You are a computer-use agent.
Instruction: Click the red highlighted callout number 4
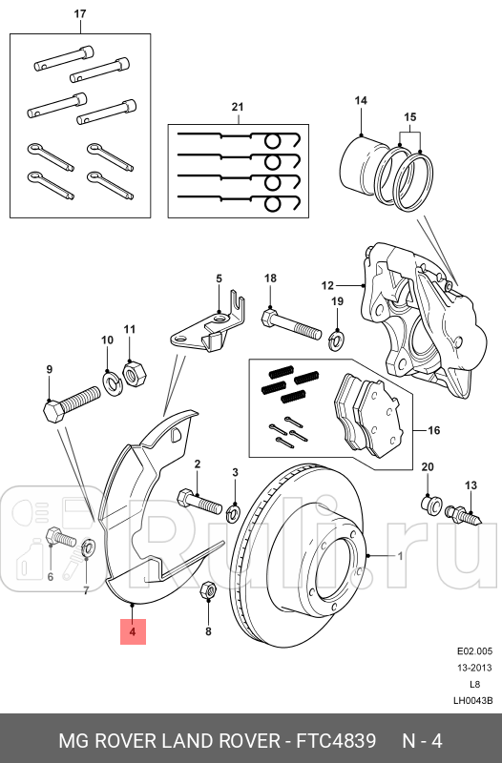(134, 630)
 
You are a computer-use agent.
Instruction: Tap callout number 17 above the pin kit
(79, 14)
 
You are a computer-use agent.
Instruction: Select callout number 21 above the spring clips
(238, 107)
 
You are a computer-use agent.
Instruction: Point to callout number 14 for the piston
(361, 101)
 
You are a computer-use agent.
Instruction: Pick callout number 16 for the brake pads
(433, 430)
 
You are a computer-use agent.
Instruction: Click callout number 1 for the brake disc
(400, 555)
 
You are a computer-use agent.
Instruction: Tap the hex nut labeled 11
(135, 373)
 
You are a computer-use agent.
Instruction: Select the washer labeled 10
(112, 381)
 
